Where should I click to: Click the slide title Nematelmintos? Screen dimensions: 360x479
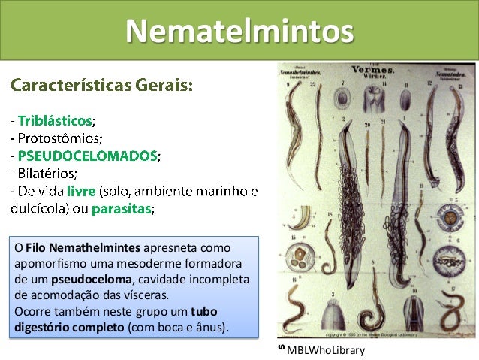[x=239, y=31]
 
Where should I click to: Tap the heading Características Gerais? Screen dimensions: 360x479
[x=102, y=85]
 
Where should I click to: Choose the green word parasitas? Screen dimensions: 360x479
[x=121, y=209]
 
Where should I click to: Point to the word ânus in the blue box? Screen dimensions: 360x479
[x=217, y=329]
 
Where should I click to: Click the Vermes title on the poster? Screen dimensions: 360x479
[x=375, y=69]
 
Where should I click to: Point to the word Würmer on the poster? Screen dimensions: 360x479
[x=375, y=77]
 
